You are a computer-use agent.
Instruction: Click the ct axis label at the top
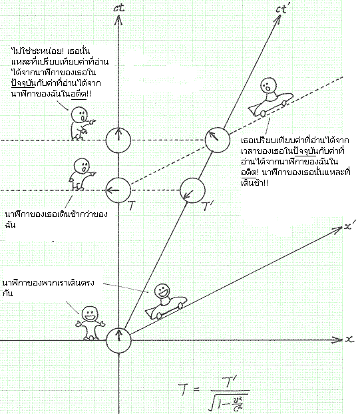(x=118, y=7)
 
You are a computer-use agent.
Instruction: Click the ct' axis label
(x=283, y=9)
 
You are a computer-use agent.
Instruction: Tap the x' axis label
(x=350, y=226)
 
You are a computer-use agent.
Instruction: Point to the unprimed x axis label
(x=349, y=339)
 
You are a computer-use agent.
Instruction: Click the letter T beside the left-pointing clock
(x=132, y=206)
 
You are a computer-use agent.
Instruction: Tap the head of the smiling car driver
(x=162, y=292)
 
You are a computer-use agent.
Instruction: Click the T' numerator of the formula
(x=228, y=383)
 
